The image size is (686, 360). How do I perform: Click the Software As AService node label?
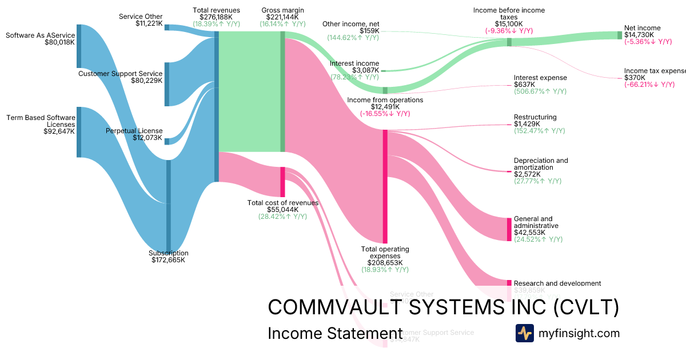tap(40, 35)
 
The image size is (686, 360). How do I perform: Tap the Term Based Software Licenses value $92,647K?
tap(59, 131)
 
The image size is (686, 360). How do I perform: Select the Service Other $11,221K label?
tap(141, 17)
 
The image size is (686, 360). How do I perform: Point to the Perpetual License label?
tap(134, 131)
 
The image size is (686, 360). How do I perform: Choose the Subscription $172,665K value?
tap(168, 260)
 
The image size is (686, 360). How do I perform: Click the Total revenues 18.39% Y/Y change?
tap(216, 24)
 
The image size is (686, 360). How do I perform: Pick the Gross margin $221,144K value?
tap(282, 17)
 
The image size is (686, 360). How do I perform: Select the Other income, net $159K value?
tap(369, 31)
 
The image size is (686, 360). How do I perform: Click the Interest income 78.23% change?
tap(354, 77)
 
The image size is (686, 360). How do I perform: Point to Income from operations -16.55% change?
tap(385, 114)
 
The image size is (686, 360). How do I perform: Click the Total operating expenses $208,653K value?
tap(385, 263)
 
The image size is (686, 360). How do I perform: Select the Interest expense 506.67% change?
tap(540, 91)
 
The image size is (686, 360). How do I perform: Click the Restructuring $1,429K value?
tap(527, 124)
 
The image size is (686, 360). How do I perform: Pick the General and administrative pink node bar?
tap(509, 229)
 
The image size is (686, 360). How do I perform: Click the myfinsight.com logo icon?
tap(524, 333)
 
